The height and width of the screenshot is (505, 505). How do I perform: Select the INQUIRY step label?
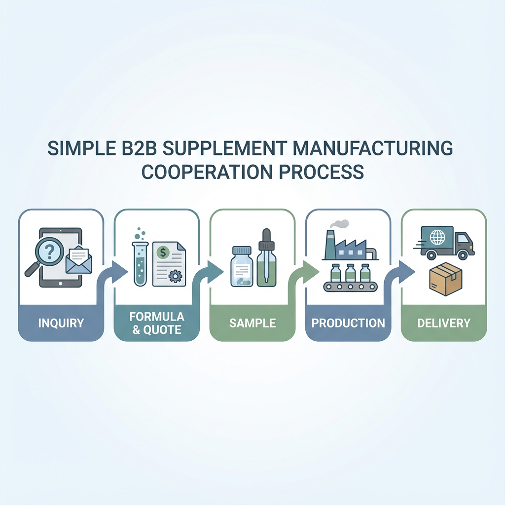coord(61,324)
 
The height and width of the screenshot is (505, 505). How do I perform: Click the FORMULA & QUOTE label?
coord(157,323)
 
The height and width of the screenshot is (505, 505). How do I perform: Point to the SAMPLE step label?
coord(252,324)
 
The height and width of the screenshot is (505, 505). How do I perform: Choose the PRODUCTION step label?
coord(348,323)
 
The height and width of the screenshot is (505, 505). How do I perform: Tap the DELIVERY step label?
coord(444,324)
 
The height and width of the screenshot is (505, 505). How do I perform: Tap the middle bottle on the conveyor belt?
coord(351,273)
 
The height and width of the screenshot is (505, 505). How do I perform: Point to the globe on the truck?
coord(437,237)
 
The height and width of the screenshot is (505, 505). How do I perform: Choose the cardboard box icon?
coord(445,279)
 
